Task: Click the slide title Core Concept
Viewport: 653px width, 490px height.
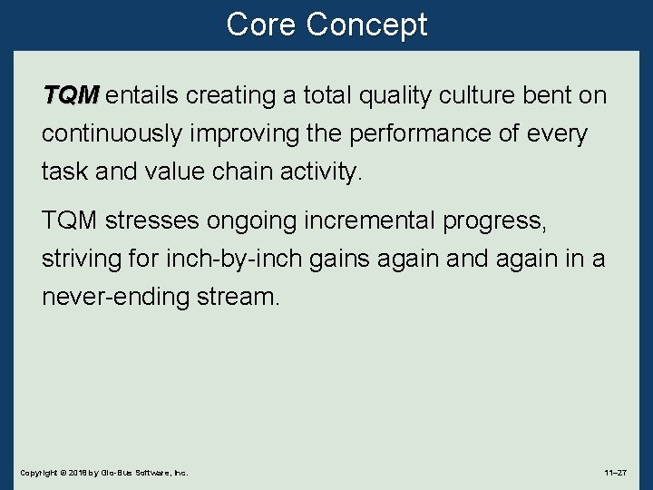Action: click(x=326, y=24)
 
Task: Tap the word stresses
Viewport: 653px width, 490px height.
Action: click(x=156, y=220)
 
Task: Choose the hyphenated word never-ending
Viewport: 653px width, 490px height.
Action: click(x=115, y=297)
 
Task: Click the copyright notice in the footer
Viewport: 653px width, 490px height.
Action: click(x=103, y=473)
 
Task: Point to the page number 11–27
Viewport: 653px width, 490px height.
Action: click(x=615, y=473)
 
